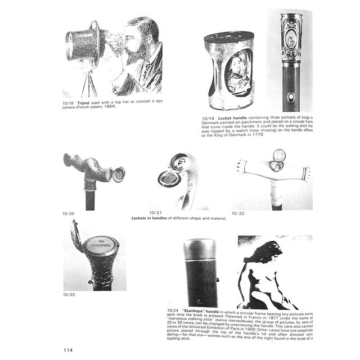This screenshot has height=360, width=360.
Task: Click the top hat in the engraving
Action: (x=83, y=42)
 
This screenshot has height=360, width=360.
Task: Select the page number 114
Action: (x=67, y=350)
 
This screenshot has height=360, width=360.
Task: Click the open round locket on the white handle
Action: (x=279, y=155)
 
